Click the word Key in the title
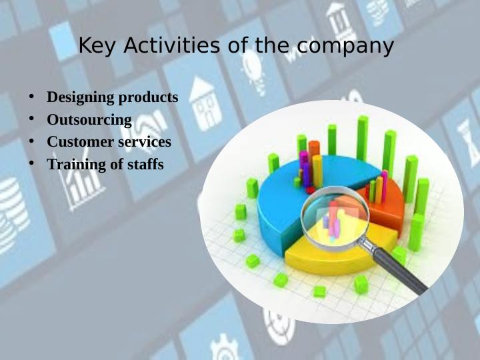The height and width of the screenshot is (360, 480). point(97,46)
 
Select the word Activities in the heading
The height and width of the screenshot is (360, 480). point(171,45)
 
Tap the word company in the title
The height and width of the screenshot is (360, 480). point(345,47)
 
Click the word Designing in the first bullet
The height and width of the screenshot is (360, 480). point(81,98)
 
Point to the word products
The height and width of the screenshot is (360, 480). point(148,98)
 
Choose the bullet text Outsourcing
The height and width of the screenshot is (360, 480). point(89,120)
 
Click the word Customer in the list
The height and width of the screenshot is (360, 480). point(81,142)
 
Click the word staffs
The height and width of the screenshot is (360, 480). point(145,164)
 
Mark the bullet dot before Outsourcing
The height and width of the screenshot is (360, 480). point(31,119)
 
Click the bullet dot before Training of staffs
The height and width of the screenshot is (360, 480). point(31,163)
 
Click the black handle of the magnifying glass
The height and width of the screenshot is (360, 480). point(397,269)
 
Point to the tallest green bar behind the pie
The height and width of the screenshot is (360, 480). point(363,138)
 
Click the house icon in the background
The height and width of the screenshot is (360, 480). point(205,104)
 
